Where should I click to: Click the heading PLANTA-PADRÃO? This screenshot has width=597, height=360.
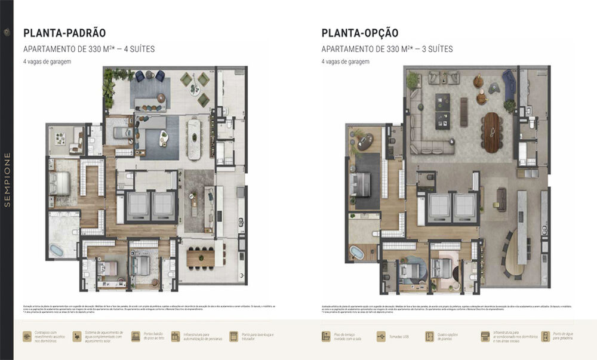(x=64, y=33)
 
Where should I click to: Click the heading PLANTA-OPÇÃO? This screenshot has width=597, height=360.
(x=360, y=33)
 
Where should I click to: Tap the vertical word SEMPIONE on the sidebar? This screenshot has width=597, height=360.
(x=7, y=180)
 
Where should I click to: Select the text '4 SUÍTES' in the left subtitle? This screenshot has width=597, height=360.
(x=139, y=50)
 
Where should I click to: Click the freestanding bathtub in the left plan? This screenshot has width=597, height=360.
(x=58, y=249)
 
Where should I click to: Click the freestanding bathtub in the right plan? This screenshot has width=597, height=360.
(x=356, y=251)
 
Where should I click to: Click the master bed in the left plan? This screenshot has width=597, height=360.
(x=61, y=183)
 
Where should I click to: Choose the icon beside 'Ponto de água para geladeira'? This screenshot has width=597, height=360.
(x=545, y=337)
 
